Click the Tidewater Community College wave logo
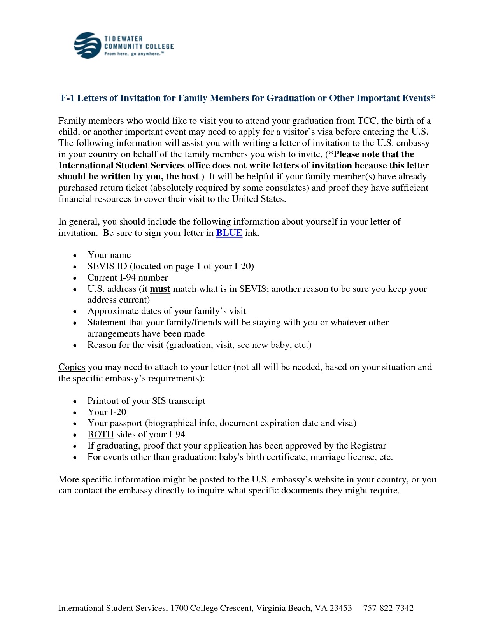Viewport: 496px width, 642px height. pos(88,46)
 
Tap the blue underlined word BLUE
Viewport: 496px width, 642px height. pos(229,233)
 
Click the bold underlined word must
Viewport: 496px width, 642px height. pos(160,289)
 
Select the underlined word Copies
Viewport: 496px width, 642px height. pos(72,367)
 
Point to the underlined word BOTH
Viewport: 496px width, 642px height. pos(100,435)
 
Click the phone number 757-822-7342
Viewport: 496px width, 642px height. pos(388,608)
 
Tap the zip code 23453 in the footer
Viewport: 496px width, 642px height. pos(340,608)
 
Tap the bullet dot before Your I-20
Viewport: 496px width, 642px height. pos(75,413)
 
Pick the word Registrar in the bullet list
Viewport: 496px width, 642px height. pos(368,446)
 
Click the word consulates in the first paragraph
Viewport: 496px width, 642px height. pos(287,188)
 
